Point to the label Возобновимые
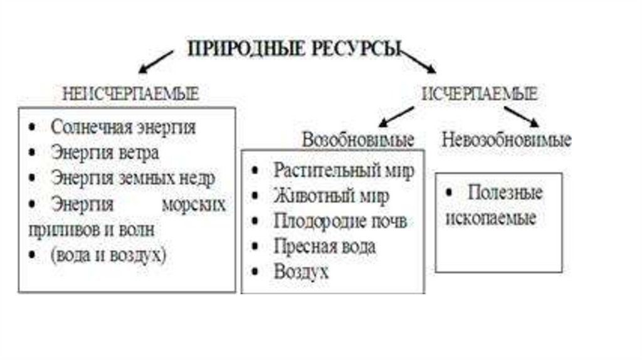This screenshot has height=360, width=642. coord(357,140)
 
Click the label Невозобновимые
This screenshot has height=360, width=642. coord(506,140)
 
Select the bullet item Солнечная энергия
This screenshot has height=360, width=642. coord(123,127)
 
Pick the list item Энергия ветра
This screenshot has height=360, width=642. coord(105,152)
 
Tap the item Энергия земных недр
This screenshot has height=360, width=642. coord(132,177)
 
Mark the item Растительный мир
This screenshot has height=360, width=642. coord(344,171)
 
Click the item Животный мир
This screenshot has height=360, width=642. coord(331,196)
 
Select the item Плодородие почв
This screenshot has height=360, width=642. coord(340,221)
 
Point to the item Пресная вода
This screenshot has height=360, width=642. coord(324,246)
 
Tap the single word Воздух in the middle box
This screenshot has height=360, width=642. coord(301,272)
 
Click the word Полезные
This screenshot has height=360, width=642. coord(505,193)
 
